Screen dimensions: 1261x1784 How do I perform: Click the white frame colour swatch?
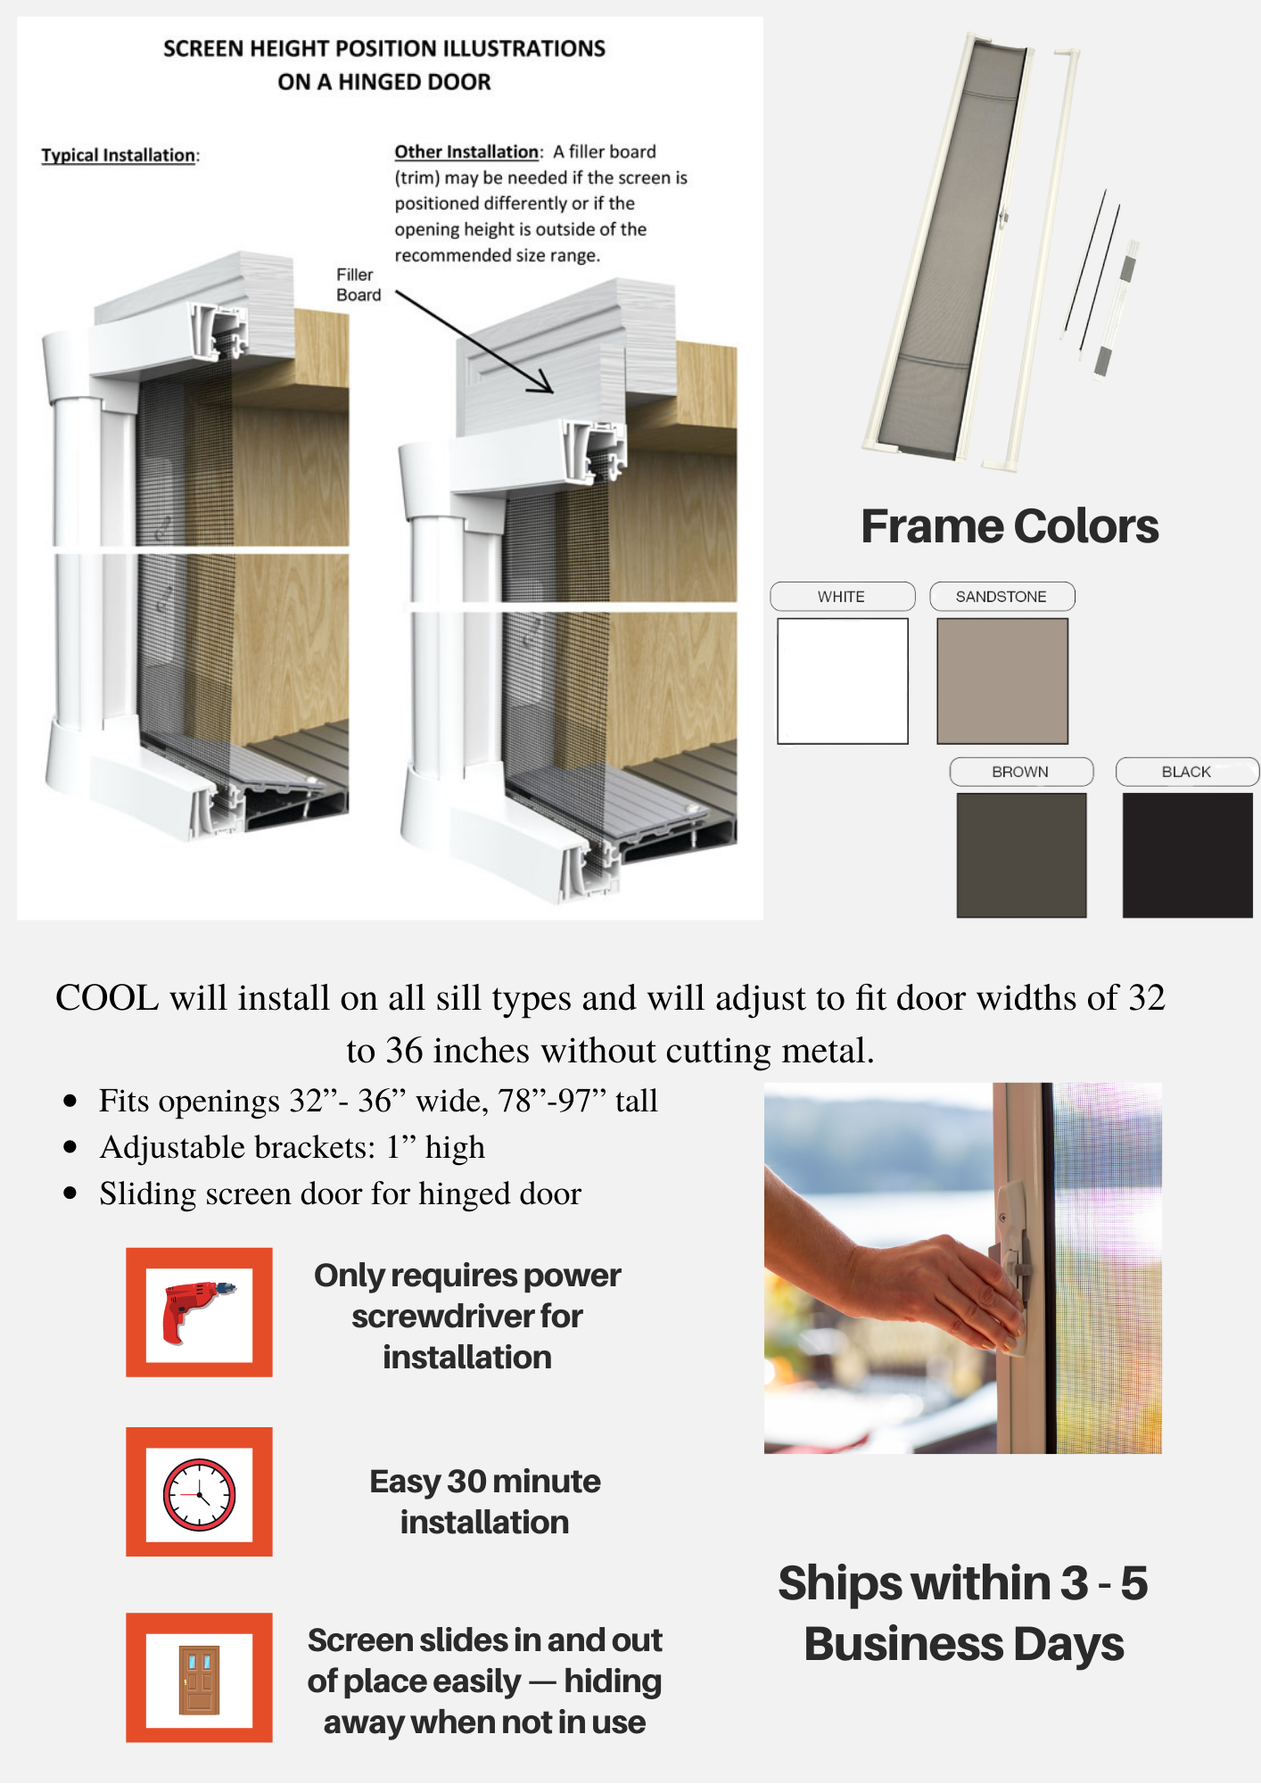tap(843, 681)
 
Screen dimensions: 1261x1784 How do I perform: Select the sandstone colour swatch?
tap(1002, 681)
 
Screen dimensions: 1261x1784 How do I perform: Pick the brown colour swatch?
tap(1021, 855)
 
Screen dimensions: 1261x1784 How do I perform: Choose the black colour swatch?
tap(1188, 855)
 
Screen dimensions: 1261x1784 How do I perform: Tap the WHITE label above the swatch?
tap(842, 597)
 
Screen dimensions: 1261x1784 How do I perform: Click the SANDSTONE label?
tap(1001, 597)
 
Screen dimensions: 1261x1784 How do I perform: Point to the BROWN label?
tap(1021, 772)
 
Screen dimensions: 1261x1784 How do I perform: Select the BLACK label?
tap(1187, 772)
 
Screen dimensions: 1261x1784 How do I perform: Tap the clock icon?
tap(199, 1495)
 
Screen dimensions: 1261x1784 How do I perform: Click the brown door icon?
tap(199, 1680)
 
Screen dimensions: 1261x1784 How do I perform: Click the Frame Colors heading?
tap(1010, 526)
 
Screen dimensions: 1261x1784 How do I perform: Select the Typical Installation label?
tap(119, 155)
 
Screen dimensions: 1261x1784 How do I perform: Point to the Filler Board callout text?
tap(359, 285)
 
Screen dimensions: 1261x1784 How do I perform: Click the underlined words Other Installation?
tap(466, 152)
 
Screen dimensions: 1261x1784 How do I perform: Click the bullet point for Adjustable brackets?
tap(70, 1147)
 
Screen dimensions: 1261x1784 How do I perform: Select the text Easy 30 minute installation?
tap(485, 1501)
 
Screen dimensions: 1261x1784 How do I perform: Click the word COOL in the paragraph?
tap(107, 998)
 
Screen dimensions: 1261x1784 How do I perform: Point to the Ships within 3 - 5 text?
tap(963, 1583)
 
